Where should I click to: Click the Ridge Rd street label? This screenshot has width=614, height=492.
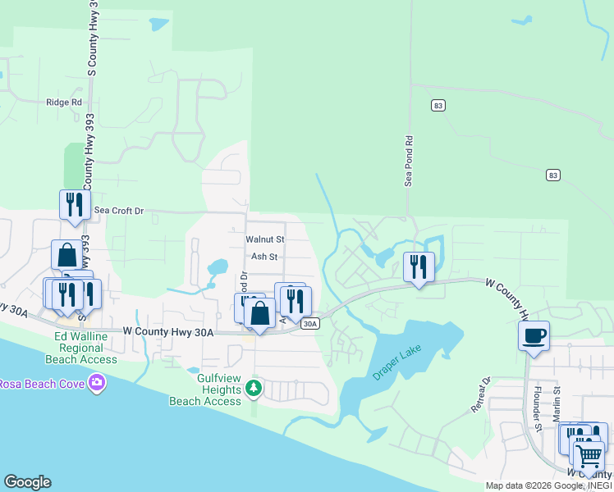[65, 102]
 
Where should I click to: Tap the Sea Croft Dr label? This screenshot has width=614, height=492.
[118, 211]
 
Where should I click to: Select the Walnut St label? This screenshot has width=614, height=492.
[264, 239]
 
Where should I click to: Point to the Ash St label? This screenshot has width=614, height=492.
[264, 257]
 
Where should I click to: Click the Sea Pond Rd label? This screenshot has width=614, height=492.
[408, 161]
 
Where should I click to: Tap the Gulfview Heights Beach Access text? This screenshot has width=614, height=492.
[205, 389]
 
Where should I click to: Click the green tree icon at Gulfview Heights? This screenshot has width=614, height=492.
[254, 387]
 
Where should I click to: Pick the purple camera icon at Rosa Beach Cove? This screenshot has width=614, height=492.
[98, 383]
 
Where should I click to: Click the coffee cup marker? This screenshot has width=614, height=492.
[534, 335]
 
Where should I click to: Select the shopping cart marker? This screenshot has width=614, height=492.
[588, 456]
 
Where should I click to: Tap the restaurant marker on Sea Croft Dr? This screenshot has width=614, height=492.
[74, 204]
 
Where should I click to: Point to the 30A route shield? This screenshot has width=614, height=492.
[309, 324]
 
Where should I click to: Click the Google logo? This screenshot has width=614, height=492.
[27, 482]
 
